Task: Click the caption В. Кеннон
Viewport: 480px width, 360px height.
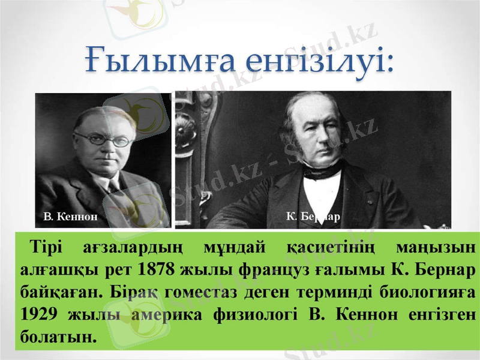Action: tap(70, 215)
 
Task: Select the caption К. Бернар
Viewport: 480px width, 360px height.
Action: tap(313, 215)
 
